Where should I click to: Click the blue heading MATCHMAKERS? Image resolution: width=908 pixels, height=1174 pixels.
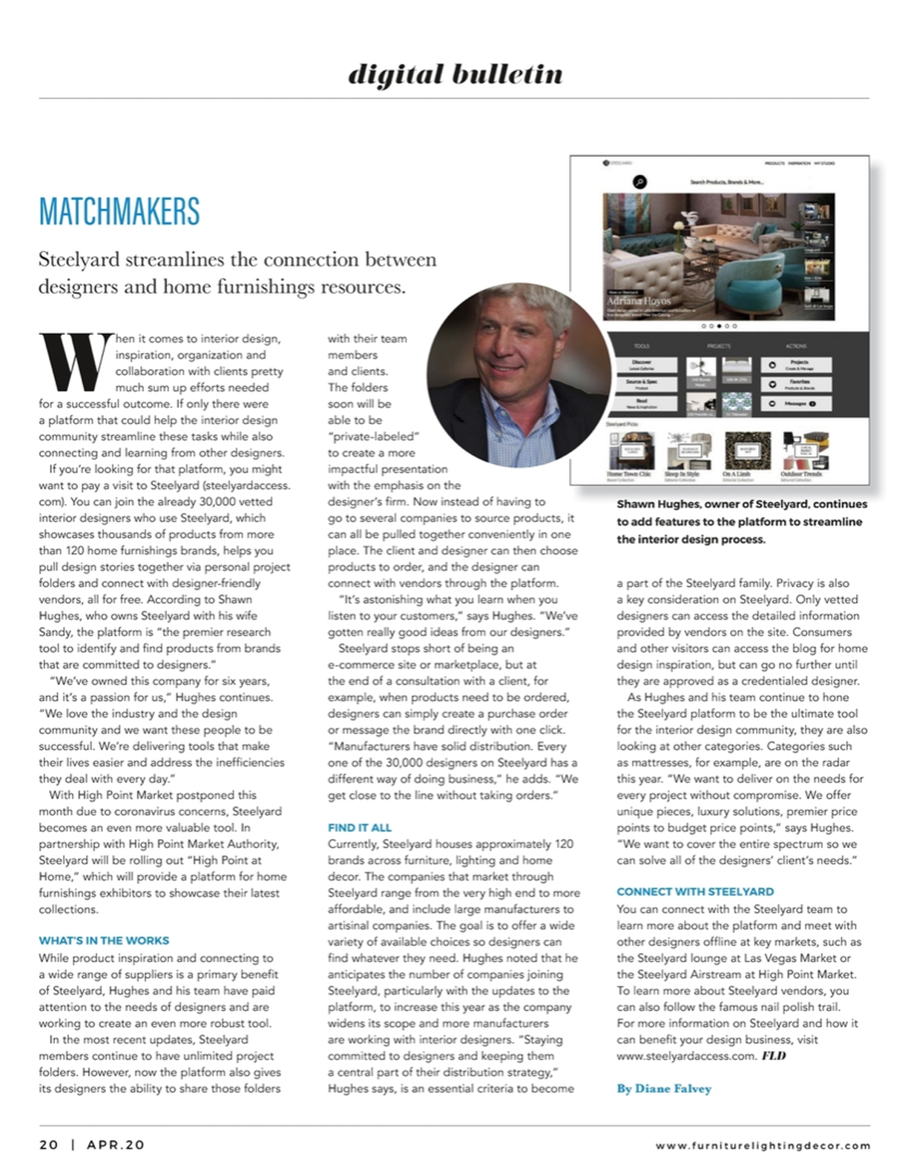tap(119, 212)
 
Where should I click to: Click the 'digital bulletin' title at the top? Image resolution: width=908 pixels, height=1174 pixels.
tap(455, 74)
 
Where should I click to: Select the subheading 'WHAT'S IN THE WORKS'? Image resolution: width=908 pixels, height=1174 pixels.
tap(104, 941)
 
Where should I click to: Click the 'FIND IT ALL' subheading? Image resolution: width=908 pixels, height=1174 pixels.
tap(360, 827)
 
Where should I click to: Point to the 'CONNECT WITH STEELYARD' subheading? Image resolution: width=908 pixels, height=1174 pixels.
tap(695, 892)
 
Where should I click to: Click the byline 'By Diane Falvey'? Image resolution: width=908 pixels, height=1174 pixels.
tap(664, 1089)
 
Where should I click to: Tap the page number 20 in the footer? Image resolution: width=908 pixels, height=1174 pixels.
tap(49, 1145)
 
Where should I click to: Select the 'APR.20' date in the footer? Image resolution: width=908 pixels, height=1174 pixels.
tap(116, 1145)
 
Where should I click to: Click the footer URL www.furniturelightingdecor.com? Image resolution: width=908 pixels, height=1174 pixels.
tap(763, 1146)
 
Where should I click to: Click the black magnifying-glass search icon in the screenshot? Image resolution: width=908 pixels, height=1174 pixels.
tap(639, 182)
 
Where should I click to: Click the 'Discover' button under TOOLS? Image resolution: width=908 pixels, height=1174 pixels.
tap(642, 365)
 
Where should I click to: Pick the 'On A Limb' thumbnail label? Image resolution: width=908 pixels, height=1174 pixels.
tap(736, 474)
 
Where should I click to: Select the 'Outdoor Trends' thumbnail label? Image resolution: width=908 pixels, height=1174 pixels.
tap(801, 474)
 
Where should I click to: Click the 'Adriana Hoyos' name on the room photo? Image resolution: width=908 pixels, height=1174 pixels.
tap(639, 301)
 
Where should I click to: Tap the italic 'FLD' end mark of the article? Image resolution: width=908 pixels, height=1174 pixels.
tap(774, 1055)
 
